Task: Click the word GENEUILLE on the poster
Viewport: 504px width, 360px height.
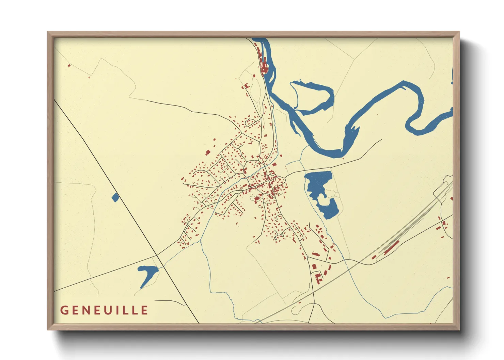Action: [x=104, y=310]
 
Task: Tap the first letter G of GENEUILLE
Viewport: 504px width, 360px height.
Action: [x=64, y=310]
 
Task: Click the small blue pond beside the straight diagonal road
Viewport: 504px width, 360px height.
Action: [x=115, y=197]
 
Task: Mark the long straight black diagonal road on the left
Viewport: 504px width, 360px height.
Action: [x=126, y=211]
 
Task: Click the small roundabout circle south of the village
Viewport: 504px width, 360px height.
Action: [x=308, y=257]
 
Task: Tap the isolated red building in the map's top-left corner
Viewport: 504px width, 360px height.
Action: [x=69, y=65]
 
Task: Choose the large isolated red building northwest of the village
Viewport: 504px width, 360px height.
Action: [x=207, y=152]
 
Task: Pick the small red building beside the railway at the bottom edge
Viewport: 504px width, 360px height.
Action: [x=300, y=302]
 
